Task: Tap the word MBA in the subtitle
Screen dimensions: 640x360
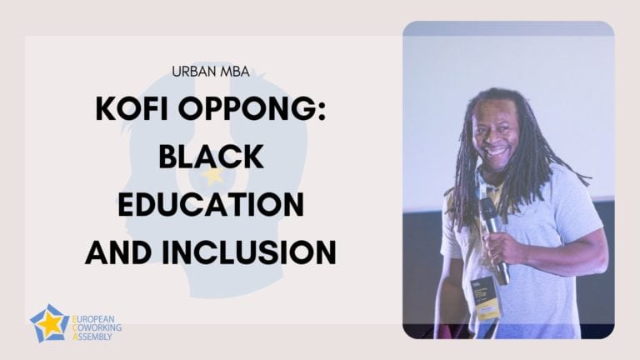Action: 235,72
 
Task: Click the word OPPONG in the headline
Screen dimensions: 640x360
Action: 243,108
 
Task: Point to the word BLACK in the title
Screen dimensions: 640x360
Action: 211,157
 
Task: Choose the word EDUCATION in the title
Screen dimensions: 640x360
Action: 211,204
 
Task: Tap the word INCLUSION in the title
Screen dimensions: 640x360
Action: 248,252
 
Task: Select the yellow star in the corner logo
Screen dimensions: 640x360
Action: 51,324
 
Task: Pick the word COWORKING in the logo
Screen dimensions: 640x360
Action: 97,327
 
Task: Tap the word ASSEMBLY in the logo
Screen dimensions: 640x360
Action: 92,337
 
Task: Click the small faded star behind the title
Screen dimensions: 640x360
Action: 212,176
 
